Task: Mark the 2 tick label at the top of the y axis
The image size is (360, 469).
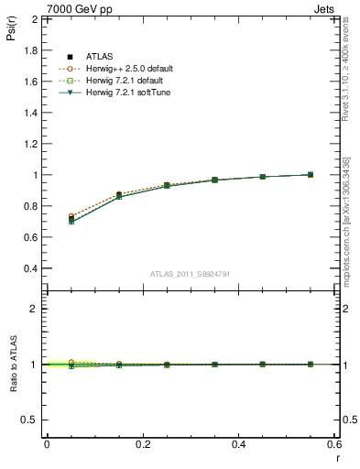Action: (34, 18)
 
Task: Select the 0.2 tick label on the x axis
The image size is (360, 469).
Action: (142, 444)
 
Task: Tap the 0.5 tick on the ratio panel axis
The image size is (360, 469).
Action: (28, 420)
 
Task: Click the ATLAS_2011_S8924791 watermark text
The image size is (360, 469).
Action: (190, 273)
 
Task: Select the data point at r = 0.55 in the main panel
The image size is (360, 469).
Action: (311, 174)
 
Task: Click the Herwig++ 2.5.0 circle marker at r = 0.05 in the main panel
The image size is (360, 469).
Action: (71, 217)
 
